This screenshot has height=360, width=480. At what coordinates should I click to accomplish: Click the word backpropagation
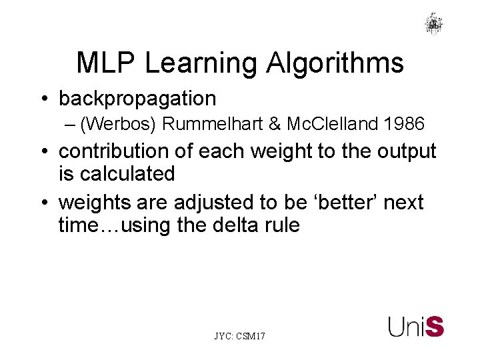(137, 99)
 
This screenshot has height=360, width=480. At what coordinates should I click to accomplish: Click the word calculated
(126, 174)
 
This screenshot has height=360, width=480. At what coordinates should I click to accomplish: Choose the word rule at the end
(283, 225)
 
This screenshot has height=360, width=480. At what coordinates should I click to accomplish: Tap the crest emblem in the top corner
(433, 23)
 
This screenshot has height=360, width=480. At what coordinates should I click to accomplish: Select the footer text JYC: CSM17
(239, 337)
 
